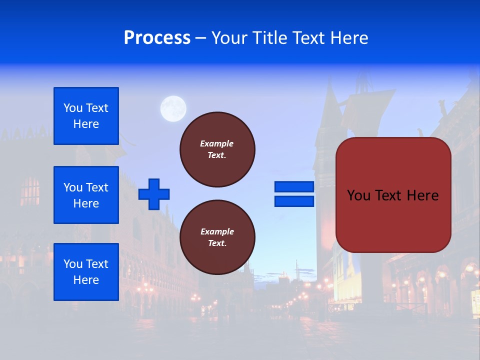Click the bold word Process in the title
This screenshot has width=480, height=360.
tap(157, 38)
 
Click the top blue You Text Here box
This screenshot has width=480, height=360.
tap(86, 116)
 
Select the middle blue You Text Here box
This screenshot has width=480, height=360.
tap(86, 195)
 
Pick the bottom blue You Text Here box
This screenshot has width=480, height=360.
tap(86, 272)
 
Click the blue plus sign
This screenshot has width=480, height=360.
tap(154, 194)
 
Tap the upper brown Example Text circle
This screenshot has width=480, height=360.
tap(217, 149)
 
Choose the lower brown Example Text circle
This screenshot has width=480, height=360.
tap(217, 237)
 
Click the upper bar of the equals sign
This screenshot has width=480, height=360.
tap(294, 186)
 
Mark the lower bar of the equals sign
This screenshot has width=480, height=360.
tap(294, 201)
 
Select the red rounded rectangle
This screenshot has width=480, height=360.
tap(393, 195)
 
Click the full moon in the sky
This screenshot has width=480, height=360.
tap(173, 108)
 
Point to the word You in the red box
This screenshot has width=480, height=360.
tap(358, 195)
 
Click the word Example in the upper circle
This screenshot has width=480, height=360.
tap(216, 143)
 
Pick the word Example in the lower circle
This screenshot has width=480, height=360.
tap(216, 231)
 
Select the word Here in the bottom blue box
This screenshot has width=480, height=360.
tap(86, 280)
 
